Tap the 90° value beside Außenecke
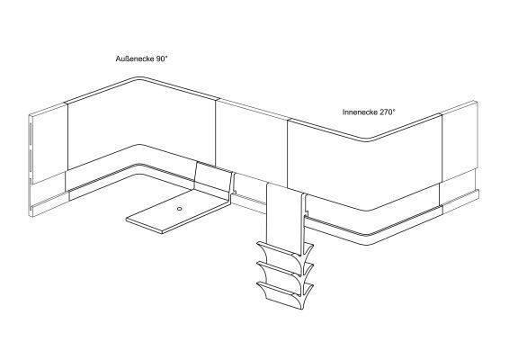[162, 58]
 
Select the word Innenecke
[360, 112]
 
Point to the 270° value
[388, 112]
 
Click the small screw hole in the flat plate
[179, 209]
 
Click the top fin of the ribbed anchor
[285, 249]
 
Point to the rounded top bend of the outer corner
[139, 78]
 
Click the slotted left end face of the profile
[31, 165]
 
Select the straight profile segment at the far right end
[460, 156]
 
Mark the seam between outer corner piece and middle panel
[215, 131]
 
